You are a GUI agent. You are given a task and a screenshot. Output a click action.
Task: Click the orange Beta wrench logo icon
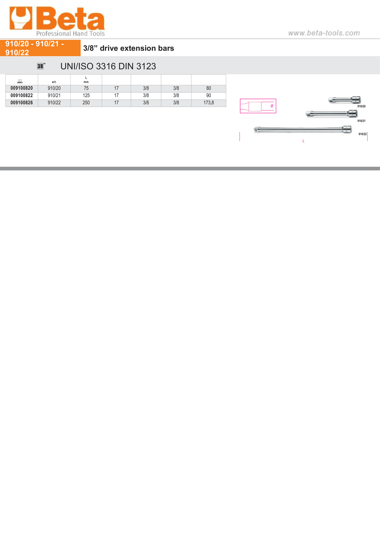[x=21, y=18]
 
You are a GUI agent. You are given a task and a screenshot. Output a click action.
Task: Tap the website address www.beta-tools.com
[x=324, y=33]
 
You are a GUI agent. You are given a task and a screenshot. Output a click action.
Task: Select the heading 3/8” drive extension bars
[x=128, y=48]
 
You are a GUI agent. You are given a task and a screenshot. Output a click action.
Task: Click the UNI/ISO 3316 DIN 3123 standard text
[x=108, y=66]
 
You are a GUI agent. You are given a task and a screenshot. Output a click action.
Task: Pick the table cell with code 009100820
[x=22, y=88]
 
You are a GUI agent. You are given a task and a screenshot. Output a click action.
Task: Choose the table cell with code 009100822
[x=22, y=95]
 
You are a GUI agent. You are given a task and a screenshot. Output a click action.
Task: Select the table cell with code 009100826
[x=22, y=103]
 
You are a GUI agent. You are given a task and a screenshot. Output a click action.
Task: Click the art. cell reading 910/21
[x=54, y=95]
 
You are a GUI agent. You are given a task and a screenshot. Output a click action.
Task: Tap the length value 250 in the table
[x=86, y=103]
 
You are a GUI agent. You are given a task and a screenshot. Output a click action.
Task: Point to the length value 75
[x=86, y=88]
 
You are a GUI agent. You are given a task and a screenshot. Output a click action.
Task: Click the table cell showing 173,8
[x=208, y=103]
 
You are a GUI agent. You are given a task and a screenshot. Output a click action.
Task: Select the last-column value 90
[x=208, y=95]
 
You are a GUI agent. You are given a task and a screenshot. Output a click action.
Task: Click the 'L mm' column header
[x=86, y=80]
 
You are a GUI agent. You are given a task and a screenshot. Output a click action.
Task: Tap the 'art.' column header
[x=54, y=82]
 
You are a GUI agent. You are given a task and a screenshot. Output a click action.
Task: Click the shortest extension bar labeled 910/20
[x=345, y=100]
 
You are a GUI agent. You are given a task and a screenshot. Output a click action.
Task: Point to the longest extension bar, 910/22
[x=303, y=130]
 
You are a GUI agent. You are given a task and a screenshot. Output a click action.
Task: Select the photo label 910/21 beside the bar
[x=361, y=121]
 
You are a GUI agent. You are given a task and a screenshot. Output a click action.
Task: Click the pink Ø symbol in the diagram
[x=272, y=106]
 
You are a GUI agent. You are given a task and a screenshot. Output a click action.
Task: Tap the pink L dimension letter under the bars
[x=303, y=141]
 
